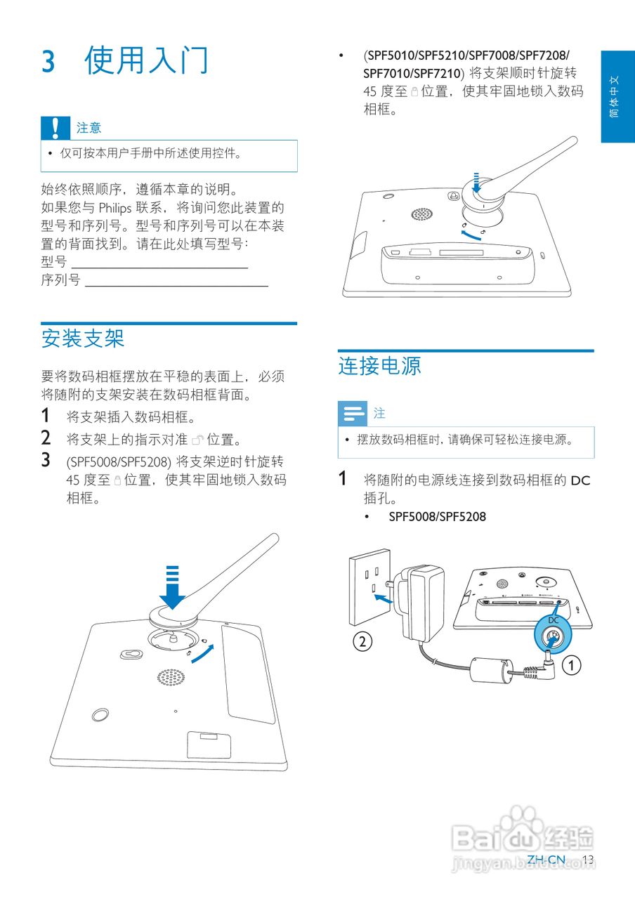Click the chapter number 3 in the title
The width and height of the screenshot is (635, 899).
point(48,61)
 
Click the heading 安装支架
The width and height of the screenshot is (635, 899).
point(83,339)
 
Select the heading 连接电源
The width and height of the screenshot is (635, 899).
point(379,366)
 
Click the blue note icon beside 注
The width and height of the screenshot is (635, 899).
point(352,413)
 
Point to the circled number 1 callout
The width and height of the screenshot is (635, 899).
point(574,664)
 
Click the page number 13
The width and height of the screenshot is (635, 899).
point(588,860)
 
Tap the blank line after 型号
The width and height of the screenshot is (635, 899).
point(159,268)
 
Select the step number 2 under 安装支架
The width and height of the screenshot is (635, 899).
point(46,439)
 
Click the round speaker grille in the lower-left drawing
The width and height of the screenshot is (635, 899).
point(171,677)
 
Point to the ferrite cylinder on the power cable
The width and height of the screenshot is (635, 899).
point(489,669)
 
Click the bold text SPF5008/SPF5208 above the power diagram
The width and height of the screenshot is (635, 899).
point(437,517)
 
